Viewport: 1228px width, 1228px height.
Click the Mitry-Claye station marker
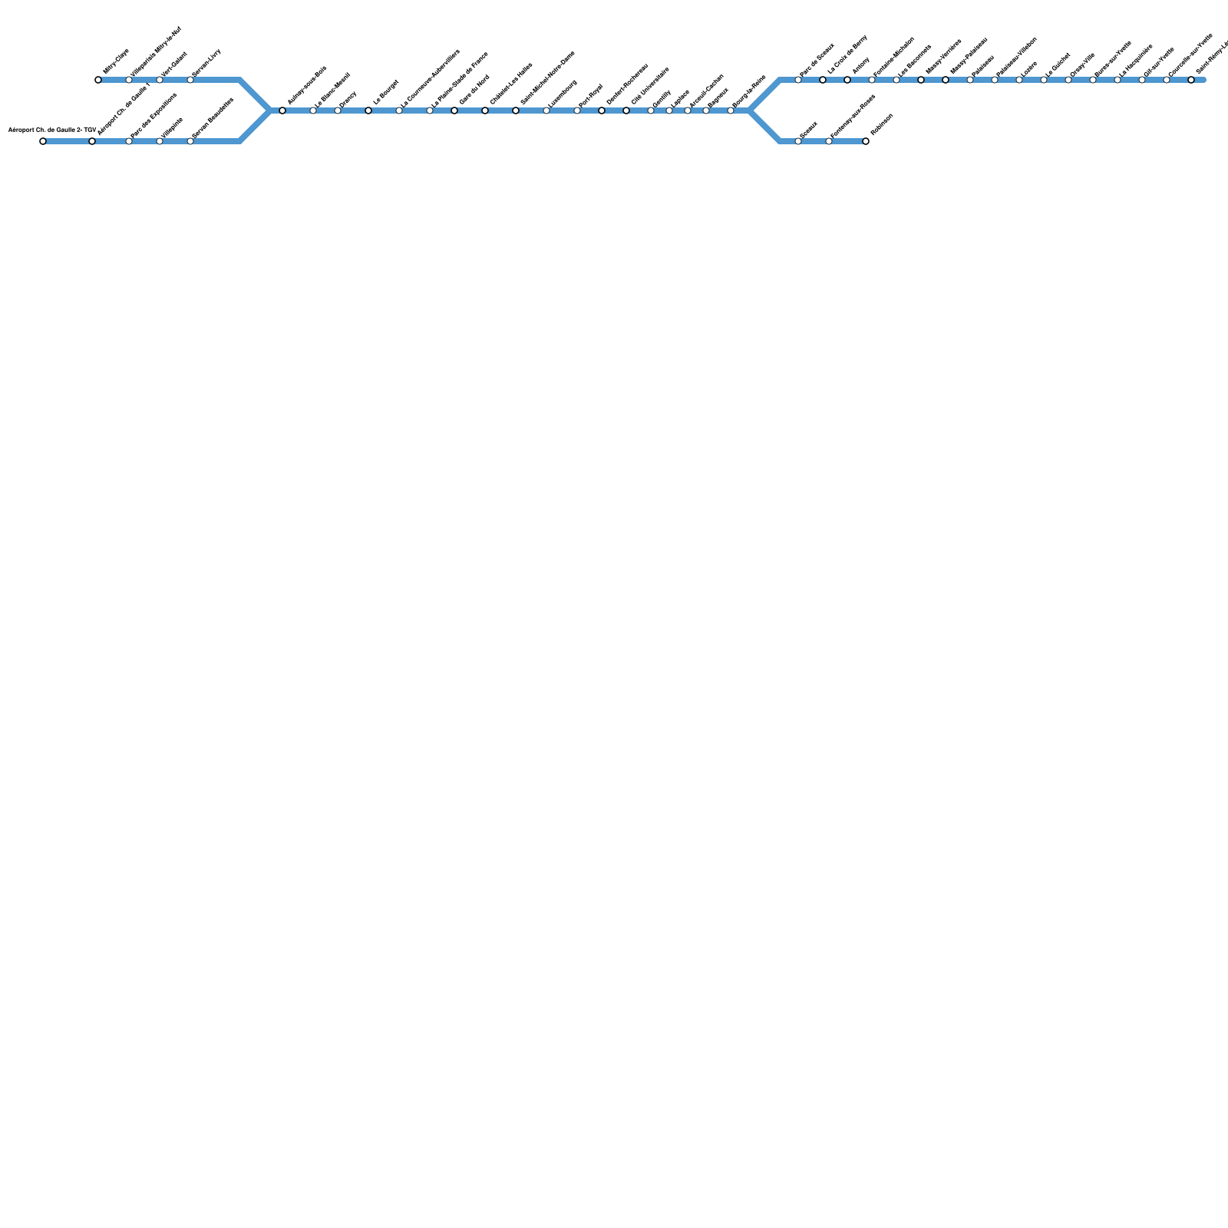click(x=98, y=80)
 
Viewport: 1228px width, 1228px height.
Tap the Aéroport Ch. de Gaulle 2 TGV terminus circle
click(x=43, y=141)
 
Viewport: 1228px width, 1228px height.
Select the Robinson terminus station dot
click(x=866, y=141)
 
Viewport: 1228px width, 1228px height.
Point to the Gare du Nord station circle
click(x=454, y=111)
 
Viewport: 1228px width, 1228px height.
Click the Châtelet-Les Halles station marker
click(x=485, y=111)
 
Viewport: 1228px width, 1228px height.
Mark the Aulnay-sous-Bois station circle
click(x=282, y=111)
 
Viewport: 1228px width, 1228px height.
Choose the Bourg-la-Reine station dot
click(x=731, y=111)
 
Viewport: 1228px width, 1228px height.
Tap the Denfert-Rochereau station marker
click(x=602, y=111)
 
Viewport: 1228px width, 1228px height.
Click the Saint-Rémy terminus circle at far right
click(x=1191, y=80)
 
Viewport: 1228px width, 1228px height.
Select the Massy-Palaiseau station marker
click(x=946, y=80)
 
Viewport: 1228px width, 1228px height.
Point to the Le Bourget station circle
click(x=368, y=111)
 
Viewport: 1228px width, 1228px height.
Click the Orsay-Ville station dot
click(x=1068, y=80)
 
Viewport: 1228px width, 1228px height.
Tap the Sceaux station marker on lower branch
click(x=798, y=141)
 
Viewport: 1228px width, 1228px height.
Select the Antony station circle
click(x=847, y=80)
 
